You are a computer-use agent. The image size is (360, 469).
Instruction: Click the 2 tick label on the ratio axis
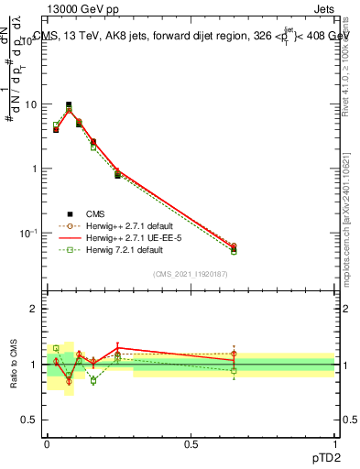pyautogui.click(x=35, y=309)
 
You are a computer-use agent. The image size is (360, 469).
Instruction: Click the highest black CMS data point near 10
pyautogui.click(x=69, y=104)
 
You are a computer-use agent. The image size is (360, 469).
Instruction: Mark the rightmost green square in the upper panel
pyautogui.click(x=234, y=251)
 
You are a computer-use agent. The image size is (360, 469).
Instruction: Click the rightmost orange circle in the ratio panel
pyautogui.click(x=234, y=354)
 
